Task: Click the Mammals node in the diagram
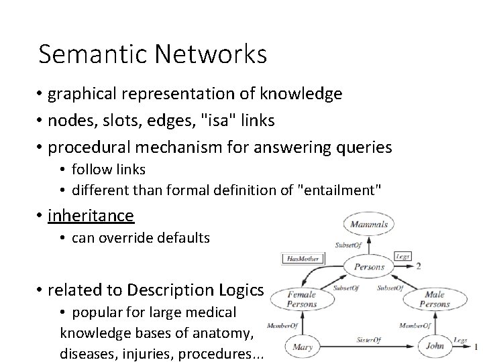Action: (x=368, y=225)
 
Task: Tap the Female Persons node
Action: (x=302, y=299)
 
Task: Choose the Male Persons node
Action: (x=435, y=299)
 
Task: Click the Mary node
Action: (x=302, y=347)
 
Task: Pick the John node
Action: (x=435, y=347)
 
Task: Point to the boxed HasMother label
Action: (x=302, y=257)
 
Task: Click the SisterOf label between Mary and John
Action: (x=368, y=340)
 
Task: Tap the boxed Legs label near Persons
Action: (x=403, y=256)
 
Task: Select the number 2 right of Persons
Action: (x=418, y=265)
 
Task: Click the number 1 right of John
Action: (x=476, y=347)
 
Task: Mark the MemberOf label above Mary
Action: (x=282, y=326)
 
